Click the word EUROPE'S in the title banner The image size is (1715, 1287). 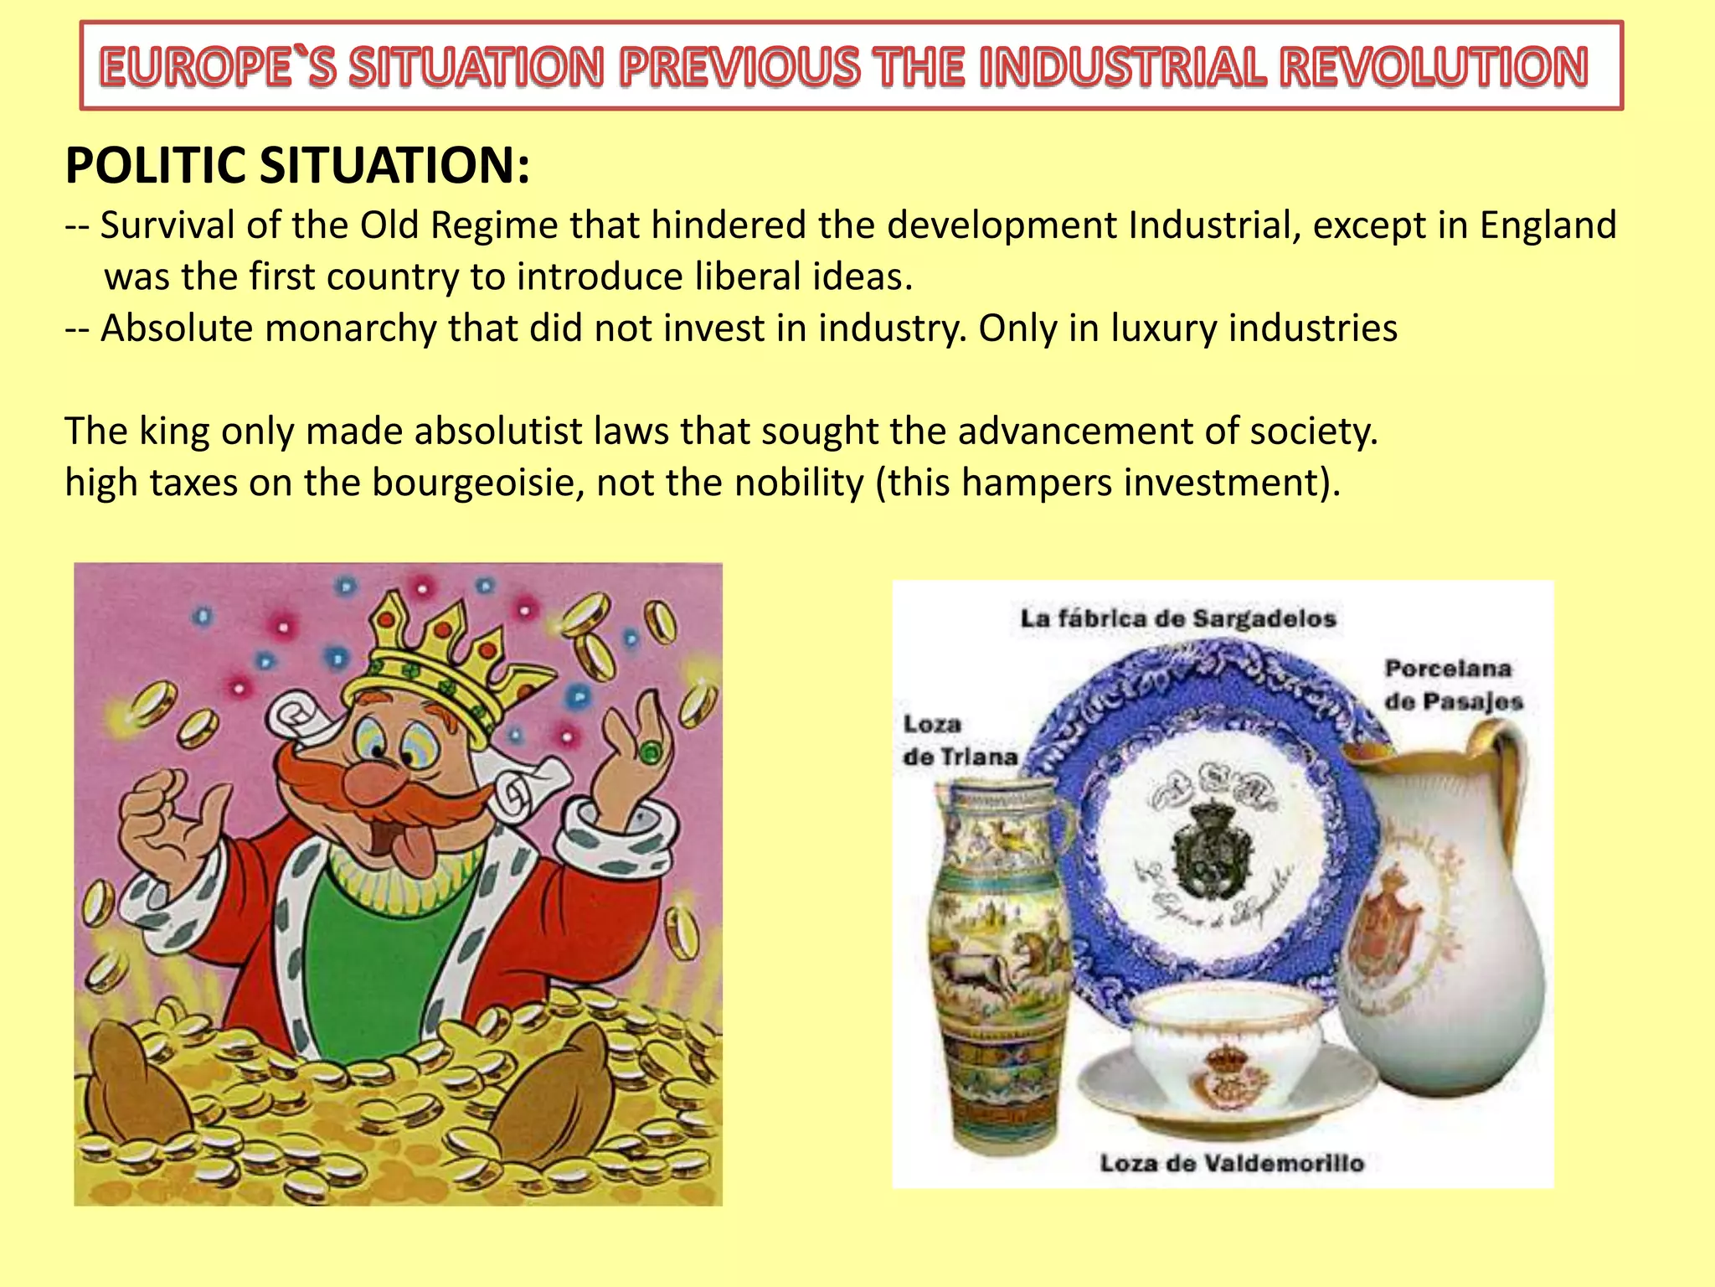[x=218, y=67]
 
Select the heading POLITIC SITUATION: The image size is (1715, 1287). [x=297, y=165]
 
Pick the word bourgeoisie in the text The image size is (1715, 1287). [x=477, y=483]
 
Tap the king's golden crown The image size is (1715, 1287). [x=444, y=662]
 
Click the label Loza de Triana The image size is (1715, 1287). [x=960, y=741]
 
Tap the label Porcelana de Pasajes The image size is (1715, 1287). [x=1453, y=685]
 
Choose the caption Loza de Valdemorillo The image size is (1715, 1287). [x=1231, y=1163]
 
